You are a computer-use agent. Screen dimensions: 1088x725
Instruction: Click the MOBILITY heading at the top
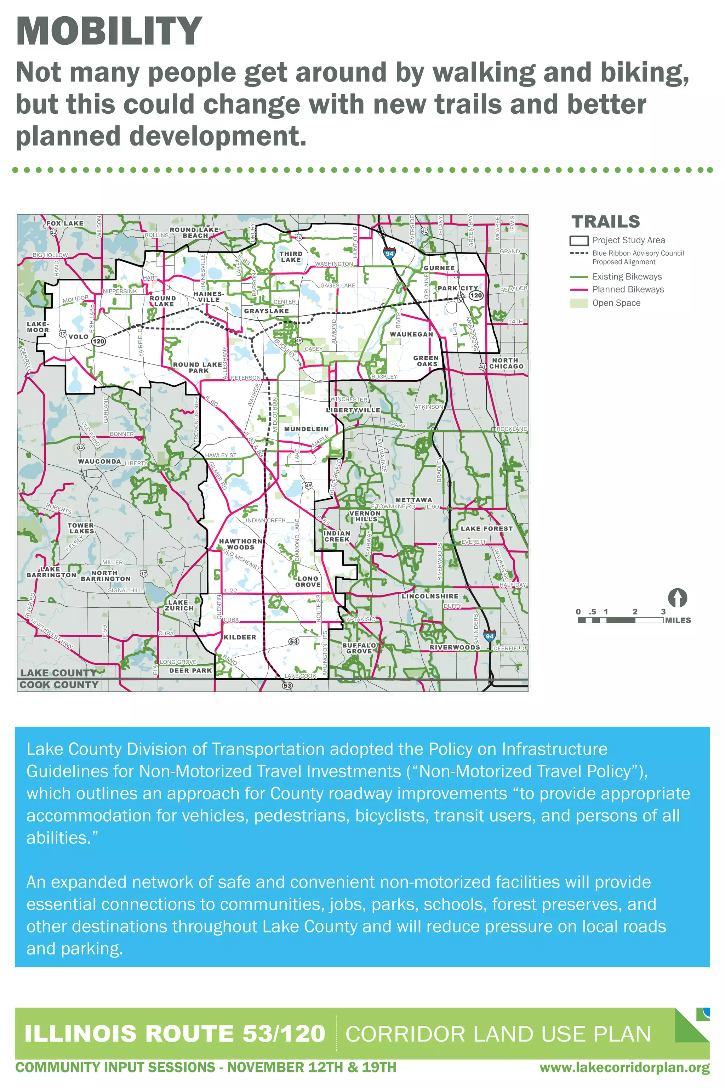click(109, 31)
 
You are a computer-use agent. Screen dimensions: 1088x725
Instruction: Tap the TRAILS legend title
click(606, 222)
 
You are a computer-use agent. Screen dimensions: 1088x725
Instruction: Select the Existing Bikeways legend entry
click(627, 277)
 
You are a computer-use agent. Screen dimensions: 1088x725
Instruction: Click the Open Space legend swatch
click(579, 303)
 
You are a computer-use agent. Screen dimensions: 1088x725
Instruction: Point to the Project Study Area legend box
click(579, 240)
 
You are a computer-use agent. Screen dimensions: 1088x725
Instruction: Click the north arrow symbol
click(677, 598)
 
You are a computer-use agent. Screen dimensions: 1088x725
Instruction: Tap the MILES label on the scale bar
click(678, 620)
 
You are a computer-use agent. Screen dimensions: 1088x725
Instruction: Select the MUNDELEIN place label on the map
click(306, 429)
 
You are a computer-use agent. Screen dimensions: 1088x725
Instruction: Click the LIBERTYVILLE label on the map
click(353, 410)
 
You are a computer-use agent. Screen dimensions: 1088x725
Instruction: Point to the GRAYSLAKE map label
click(266, 311)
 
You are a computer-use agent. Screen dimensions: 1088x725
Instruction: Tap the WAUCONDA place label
click(99, 462)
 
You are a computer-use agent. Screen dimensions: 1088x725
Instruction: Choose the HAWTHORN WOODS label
click(240, 544)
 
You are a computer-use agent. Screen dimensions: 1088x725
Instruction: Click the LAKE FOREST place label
click(486, 529)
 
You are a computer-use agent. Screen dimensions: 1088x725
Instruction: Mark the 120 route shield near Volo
click(98, 341)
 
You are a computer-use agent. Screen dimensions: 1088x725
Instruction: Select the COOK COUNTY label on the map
click(59, 685)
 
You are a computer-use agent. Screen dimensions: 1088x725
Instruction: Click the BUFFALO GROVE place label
click(359, 648)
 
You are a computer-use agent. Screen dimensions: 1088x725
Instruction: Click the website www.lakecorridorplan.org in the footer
click(624, 1068)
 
